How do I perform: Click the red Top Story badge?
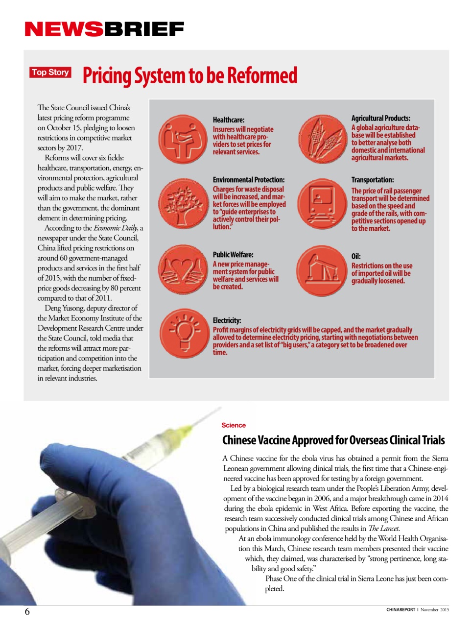click(x=50, y=72)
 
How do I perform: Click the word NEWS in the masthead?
click(x=64, y=29)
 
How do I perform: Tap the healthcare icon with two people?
click(x=183, y=140)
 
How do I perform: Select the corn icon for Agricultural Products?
click(x=322, y=140)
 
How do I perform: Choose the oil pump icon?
click(x=322, y=270)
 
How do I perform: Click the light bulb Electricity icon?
click(x=185, y=333)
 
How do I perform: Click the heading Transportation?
click(x=372, y=180)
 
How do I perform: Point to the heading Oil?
click(x=356, y=256)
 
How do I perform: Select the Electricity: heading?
click(x=227, y=320)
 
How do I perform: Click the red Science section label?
click(x=234, y=425)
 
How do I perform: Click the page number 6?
click(x=27, y=611)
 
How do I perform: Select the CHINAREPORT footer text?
click(x=401, y=610)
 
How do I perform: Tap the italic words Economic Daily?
click(x=116, y=228)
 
